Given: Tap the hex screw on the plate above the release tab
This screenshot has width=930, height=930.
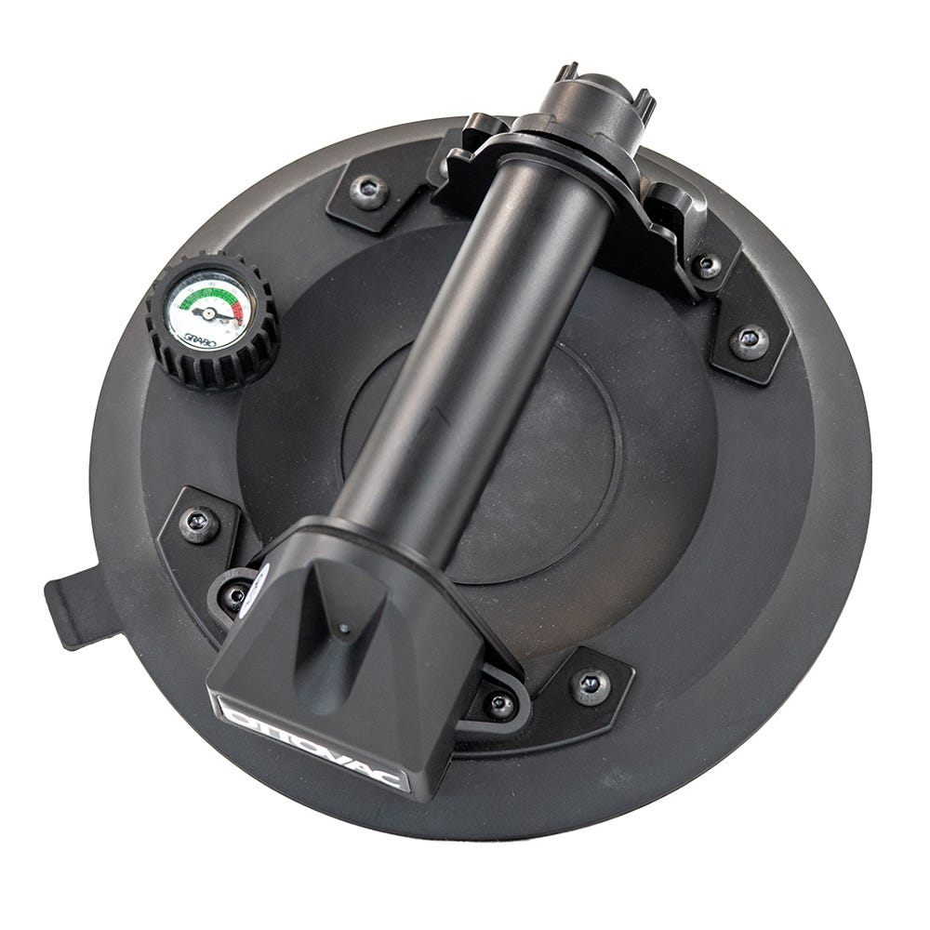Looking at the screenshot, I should point(198,523).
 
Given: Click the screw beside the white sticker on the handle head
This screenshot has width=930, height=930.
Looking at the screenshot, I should point(235,593).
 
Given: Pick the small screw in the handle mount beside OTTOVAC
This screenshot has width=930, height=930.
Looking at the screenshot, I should point(500,705).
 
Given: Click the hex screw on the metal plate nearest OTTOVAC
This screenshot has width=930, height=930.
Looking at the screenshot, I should point(590,685).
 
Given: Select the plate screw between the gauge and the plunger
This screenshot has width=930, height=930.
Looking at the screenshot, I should point(369,192).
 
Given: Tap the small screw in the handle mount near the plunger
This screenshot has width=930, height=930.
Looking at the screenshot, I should point(707,266).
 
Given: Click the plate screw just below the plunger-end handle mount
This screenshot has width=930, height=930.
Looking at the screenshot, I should point(749,341).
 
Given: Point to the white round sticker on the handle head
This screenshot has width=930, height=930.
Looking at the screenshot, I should point(253,587).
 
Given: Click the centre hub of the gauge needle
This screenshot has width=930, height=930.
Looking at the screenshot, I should point(209,313).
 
